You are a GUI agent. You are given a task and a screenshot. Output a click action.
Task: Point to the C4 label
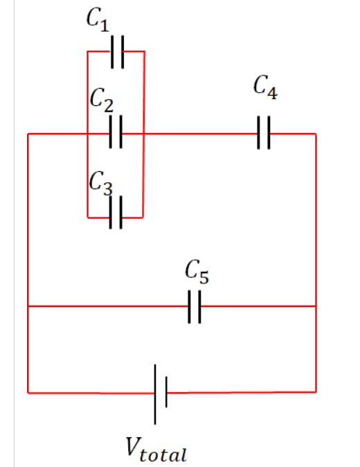click(265, 88)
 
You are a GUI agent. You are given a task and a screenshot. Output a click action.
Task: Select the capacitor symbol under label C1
click(117, 52)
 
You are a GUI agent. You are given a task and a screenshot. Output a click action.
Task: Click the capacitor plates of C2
click(116, 134)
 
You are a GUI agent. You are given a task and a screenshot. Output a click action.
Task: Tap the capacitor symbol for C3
click(116, 213)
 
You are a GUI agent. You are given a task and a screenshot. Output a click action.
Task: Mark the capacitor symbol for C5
click(195, 306)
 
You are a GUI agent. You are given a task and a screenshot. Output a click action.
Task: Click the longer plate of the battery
click(156, 394)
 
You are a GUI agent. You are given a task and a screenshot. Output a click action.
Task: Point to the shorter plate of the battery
click(166, 393)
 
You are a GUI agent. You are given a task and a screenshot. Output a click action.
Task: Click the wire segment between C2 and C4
click(201, 134)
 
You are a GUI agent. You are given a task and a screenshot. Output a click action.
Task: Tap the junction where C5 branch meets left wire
click(28, 306)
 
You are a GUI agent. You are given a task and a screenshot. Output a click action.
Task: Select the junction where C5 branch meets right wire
click(316, 306)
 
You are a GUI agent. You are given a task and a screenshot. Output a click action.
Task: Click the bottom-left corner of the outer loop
click(28, 393)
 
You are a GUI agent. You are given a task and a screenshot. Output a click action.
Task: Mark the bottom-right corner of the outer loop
click(316, 392)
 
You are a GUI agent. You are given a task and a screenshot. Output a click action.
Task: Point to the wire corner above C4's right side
click(316, 134)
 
